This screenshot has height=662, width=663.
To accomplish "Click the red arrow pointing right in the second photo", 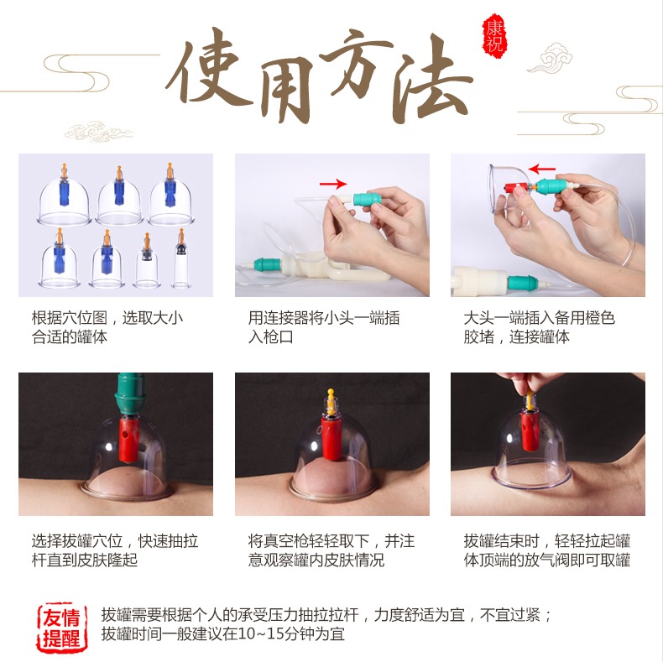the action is tap(333, 184).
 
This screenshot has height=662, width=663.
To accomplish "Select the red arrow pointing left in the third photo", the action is tap(541, 169).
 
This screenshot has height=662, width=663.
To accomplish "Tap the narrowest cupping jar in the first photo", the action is tap(181, 258).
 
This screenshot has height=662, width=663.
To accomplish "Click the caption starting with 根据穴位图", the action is tap(107, 327).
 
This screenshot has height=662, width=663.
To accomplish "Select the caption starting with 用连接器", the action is tap(324, 327).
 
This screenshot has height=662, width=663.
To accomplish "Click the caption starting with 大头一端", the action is tap(539, 327).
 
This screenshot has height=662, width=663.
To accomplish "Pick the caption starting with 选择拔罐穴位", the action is tap(115, 550).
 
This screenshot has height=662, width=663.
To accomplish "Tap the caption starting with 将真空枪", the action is tap(331, 550).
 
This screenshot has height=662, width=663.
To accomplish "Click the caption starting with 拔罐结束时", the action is tap(547, 550).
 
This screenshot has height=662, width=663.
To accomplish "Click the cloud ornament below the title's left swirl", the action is tap(98, 132).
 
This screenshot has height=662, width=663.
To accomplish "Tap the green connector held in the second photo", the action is tap(367, 199).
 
